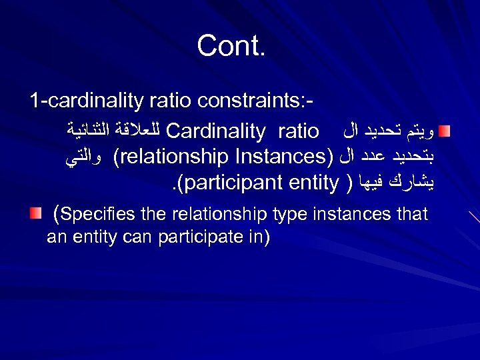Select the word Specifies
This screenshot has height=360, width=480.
pos(98,214)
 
